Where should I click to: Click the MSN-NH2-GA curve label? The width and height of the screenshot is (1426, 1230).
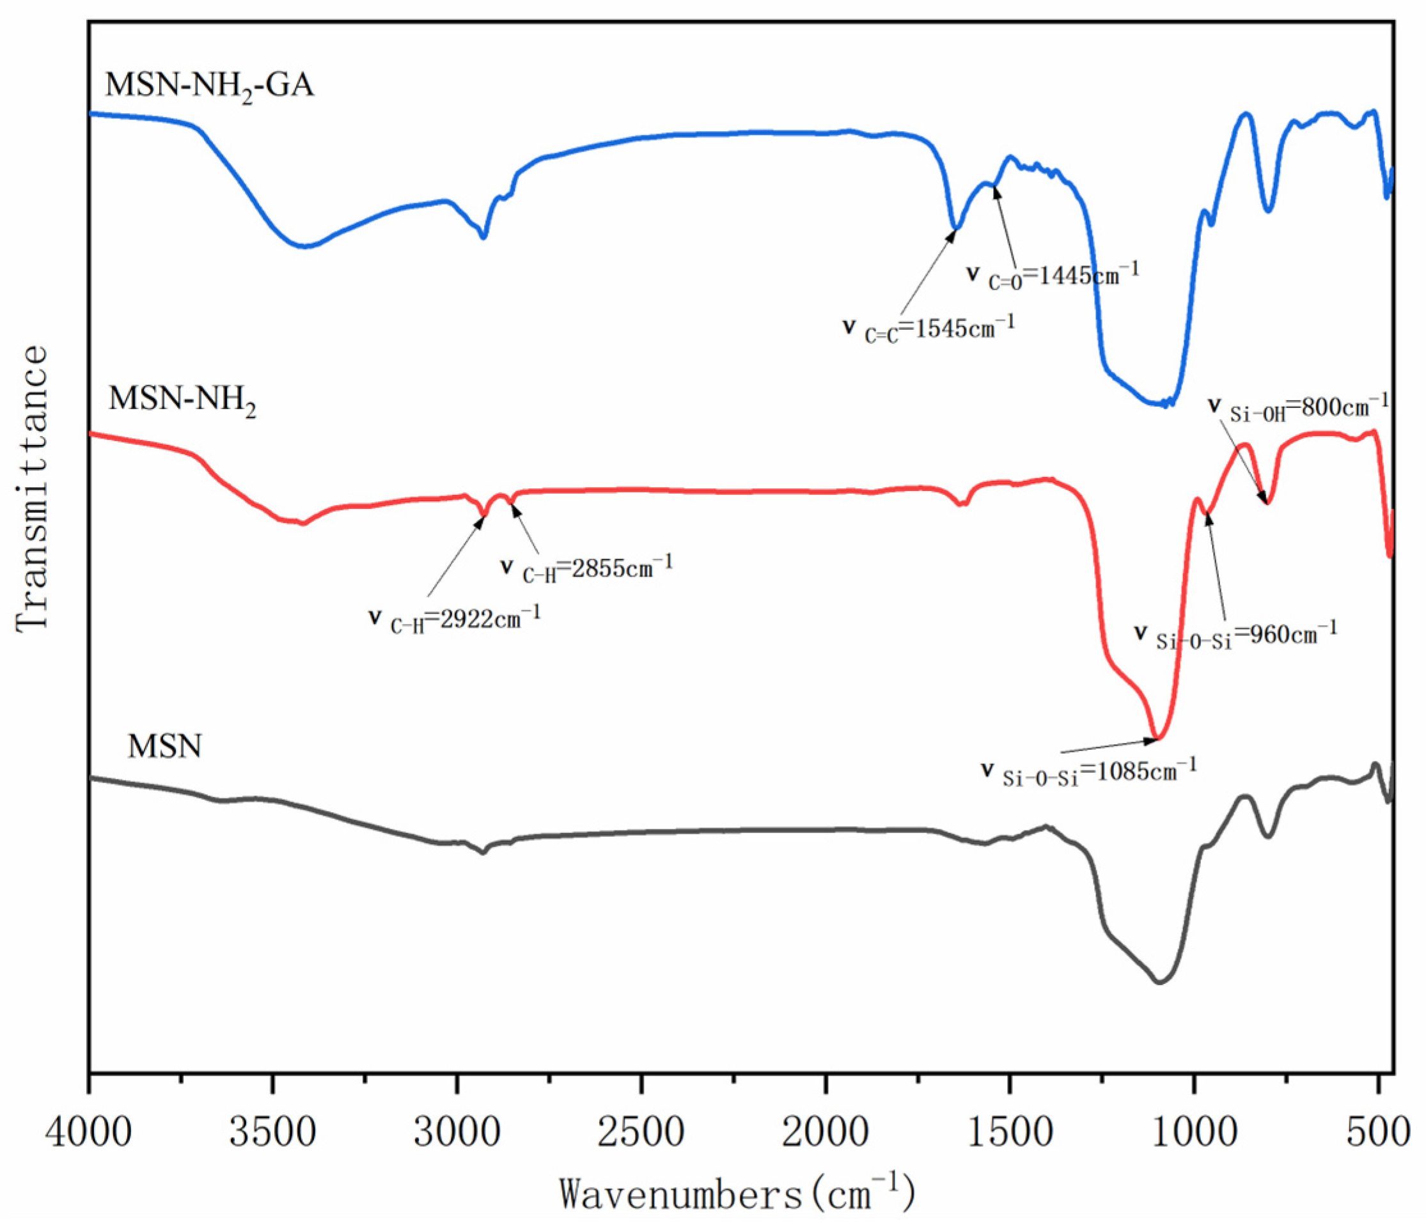point(209,86)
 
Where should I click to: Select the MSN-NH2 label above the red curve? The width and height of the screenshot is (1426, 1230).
point(182,399)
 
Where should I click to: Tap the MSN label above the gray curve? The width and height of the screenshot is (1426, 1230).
point(164,745)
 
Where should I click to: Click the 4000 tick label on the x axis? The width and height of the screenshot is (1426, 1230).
point(88,1132)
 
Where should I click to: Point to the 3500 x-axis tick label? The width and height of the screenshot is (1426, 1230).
point(272,1132)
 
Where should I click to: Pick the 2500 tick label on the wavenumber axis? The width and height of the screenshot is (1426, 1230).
point(641,1132)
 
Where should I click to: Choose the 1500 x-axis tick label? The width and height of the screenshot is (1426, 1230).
point(1010,1132)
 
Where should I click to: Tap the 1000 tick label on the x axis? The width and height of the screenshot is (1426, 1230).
point(1194,1132)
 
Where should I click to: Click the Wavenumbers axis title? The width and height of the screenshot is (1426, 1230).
point(737,1194)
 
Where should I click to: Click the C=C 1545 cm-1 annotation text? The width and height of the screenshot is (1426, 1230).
point(929,328)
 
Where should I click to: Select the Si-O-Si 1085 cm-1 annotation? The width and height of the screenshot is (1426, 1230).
point(1090,770)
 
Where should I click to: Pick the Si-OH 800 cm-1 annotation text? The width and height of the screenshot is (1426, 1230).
point(1299,408)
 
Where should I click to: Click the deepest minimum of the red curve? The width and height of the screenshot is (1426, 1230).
point(1158,738)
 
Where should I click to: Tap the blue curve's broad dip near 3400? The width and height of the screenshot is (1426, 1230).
point(304,245)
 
